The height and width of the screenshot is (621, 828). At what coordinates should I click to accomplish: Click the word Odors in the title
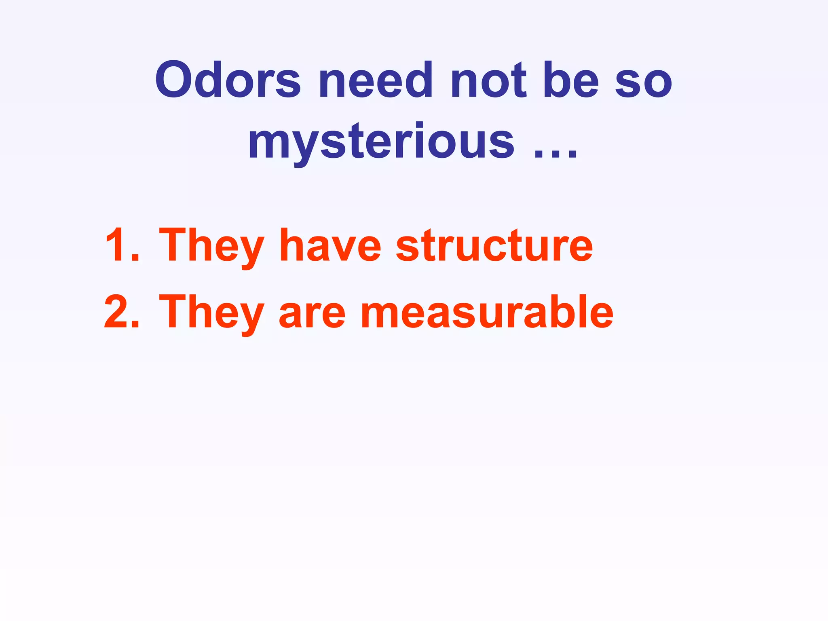point(228,80)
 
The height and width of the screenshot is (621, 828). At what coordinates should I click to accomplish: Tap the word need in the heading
point(376,80)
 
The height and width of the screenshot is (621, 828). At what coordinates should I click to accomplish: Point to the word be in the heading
point(570,80)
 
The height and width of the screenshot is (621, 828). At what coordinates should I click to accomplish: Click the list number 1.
point(121,245)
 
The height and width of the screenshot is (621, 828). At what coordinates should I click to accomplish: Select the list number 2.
point(121,312)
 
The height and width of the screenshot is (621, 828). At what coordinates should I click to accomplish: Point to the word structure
point(494,245)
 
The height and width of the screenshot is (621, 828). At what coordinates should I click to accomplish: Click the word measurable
point(487,312)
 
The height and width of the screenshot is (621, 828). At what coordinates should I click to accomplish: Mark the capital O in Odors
point(177,80)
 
